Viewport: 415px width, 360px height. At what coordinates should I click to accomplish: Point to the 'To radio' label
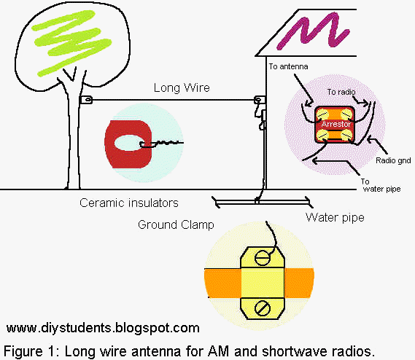click(x=341, y=93)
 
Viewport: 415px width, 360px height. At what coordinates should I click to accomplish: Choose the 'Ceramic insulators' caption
click(x=128, y=203)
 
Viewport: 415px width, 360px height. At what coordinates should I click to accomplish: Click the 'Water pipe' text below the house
click(x=336, y=217)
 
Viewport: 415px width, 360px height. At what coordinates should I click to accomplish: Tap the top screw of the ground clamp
click(x=260, y=257)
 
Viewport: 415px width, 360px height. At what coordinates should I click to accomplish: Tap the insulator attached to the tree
click(x=85, y=100)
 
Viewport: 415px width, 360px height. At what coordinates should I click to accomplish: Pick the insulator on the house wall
click(x=257, y=100)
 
